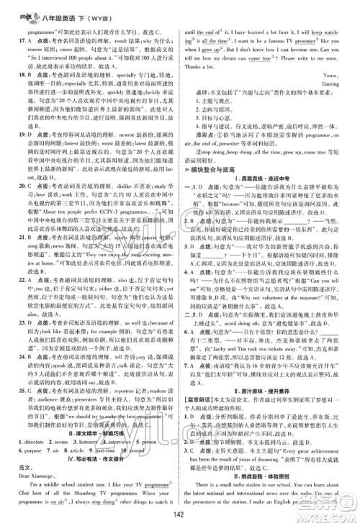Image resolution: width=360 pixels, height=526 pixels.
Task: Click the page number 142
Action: pyautogui.click(x=179, y=514)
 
